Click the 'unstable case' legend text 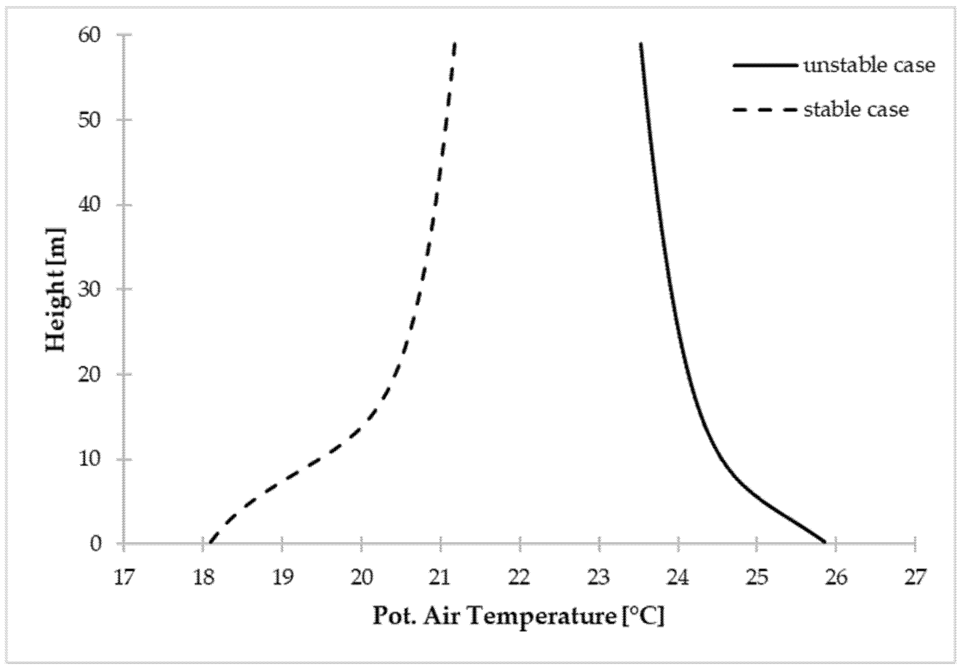tap(869, 66)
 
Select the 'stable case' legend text tap(856, 110)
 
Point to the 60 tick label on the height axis tap(90, 35)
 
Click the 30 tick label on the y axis tap(90, 290)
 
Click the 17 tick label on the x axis tap(125, 578)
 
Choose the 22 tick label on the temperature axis tap(520, 578)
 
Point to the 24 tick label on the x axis tap(679, 578)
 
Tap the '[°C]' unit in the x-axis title tap(643, 617)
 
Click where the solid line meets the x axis tap(826, 542)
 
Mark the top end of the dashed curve tap(455, 43)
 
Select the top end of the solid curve tap(640, 43)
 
